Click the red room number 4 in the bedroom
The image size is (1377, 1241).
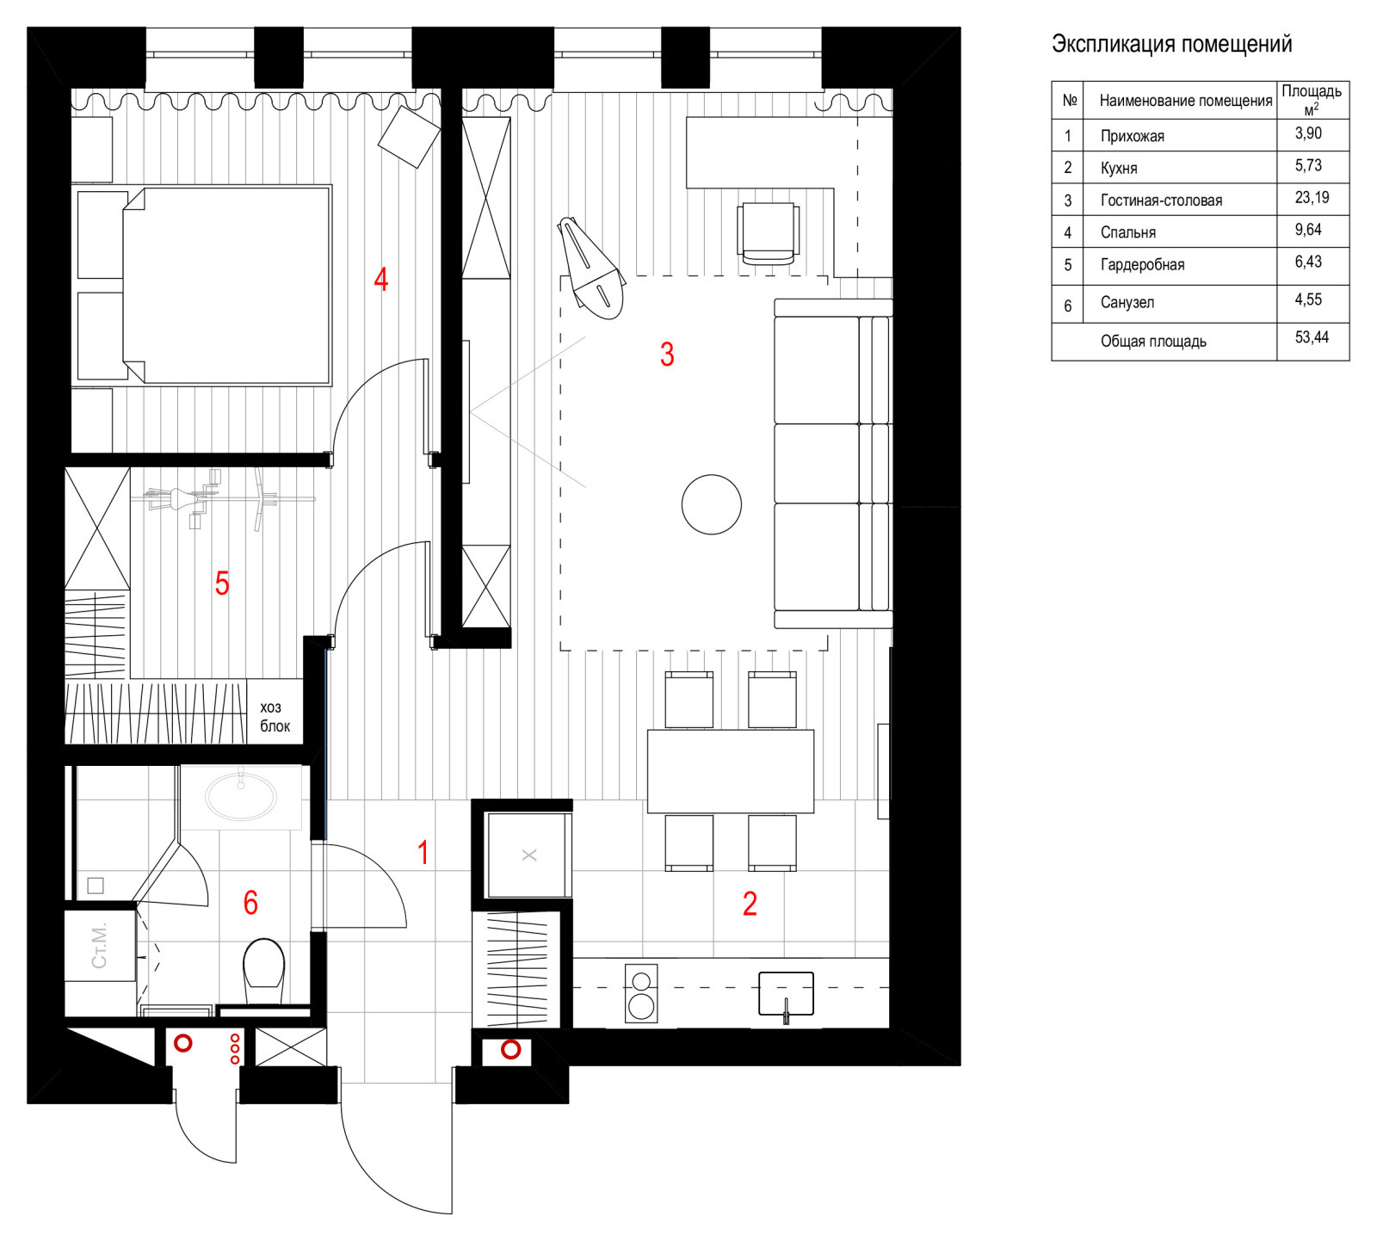[x=380, y=279]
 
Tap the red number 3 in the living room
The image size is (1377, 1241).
[x=667, y=354]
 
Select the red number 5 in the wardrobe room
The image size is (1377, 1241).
[x=222, y=583]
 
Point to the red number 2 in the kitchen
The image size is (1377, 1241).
[x=750, y=904]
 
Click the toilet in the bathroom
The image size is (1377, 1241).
[x=264, y=971]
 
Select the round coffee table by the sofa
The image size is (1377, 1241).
[x=712, y=504]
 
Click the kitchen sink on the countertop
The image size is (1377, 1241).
[x=786, y=994]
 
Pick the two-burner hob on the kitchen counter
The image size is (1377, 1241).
[x=640, y=993]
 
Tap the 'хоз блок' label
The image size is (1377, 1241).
[x=275, y=716]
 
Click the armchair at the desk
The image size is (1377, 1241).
[x=768, y=232]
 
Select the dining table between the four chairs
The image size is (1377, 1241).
[x=731, y=771]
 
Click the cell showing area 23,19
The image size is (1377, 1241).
[x=1312, y=197]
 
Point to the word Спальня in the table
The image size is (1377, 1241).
[x=1128, y=232]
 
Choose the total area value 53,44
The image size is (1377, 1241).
[x=1312, y=337]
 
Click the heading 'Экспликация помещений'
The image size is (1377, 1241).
[x=1171, y=44]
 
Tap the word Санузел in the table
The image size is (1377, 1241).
[x=1127, y=302]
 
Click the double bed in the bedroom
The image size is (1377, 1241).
[x=203, y=285]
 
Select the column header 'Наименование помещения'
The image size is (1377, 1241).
[x=1186, y=101]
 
